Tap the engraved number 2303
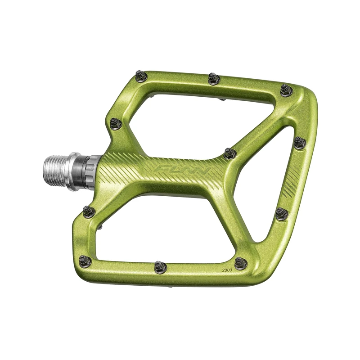point(227,270)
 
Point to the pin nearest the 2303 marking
point(241,263)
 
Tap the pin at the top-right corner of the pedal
point(286,90)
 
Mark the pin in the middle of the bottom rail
point(160,266)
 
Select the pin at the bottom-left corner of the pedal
point(85,261)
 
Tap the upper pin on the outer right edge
point(300,143)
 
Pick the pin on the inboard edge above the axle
point(114,122)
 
